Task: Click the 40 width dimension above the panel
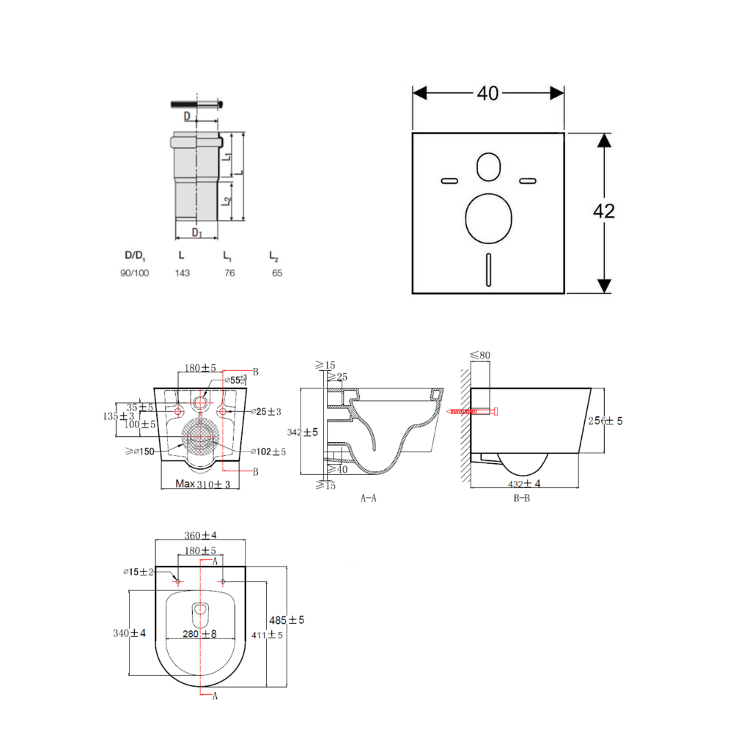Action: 487,93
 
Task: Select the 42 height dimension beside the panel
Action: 603,211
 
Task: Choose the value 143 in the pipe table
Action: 182,273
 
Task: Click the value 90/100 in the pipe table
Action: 135,273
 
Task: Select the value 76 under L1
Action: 229,273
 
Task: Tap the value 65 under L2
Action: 276,273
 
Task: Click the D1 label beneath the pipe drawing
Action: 196,232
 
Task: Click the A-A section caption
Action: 369,498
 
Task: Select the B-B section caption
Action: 521,498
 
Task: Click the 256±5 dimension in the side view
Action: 605,421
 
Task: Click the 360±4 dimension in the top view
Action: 200,536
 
